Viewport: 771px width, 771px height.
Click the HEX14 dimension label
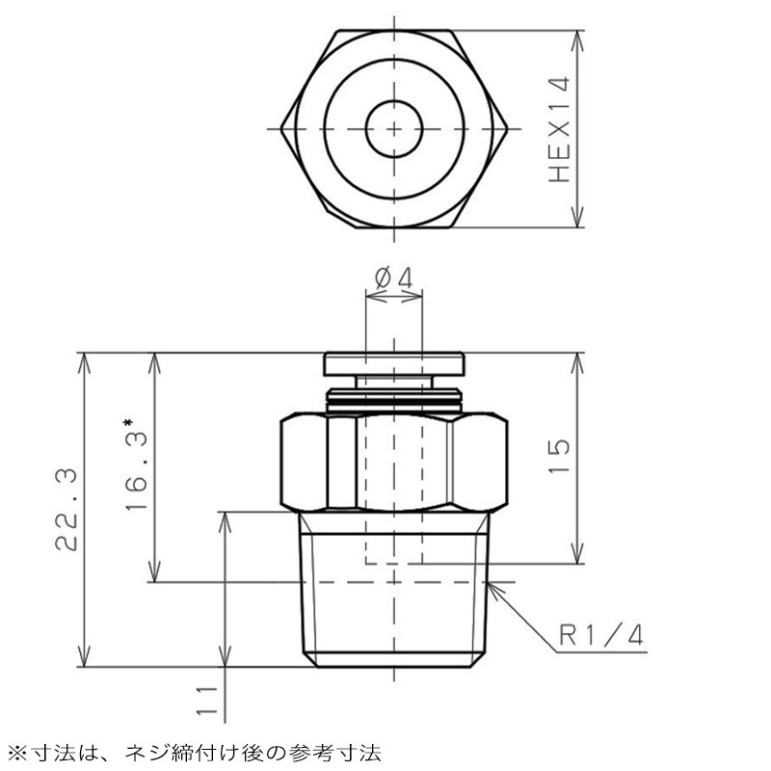click(x=560, y=129)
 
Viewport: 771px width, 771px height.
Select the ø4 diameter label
click(x=393, y=279)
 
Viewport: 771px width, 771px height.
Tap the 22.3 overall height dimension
click(x=66, y=510)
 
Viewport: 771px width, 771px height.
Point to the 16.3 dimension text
click(x=137, y=472)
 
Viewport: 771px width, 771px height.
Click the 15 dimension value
click(x=559, y=456)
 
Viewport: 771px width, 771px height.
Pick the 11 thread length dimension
click(x=207, y=700)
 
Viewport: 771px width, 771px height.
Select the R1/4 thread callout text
click(x=601, y=635)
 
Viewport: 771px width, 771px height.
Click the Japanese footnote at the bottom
click(x=196, y=754)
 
